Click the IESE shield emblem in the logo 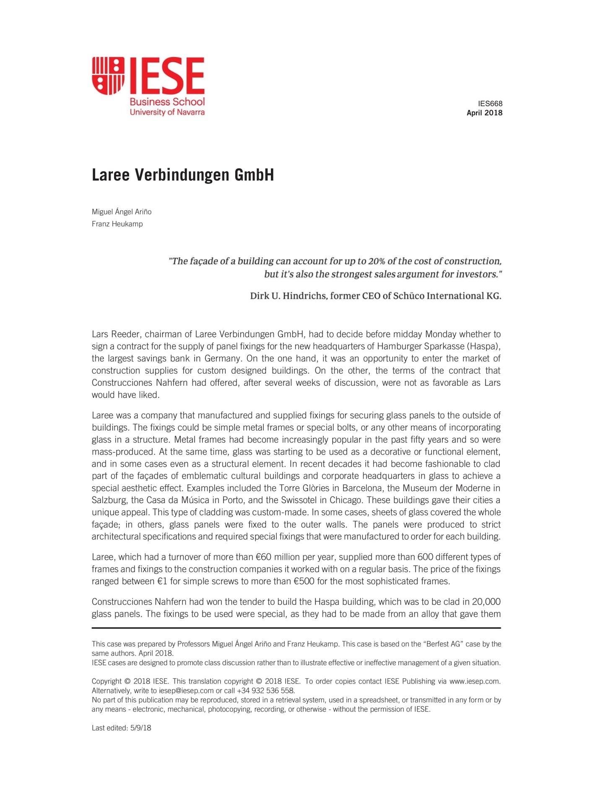pyautogui.click(x=108, y=76)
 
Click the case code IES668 pyautogui.click(x=490, y=104)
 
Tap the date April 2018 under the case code pyautogui.click(x=484, y=113)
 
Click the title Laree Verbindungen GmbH pyautogui.click(x=183, y=175)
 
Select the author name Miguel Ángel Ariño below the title pyautogui.click(x=122, y=212)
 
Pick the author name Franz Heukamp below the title pyautogui.click(x=117, y=224)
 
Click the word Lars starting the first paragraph pyautogui.click(x=100, y=334)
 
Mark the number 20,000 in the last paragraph pyautogui.click(x=486, y=602)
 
